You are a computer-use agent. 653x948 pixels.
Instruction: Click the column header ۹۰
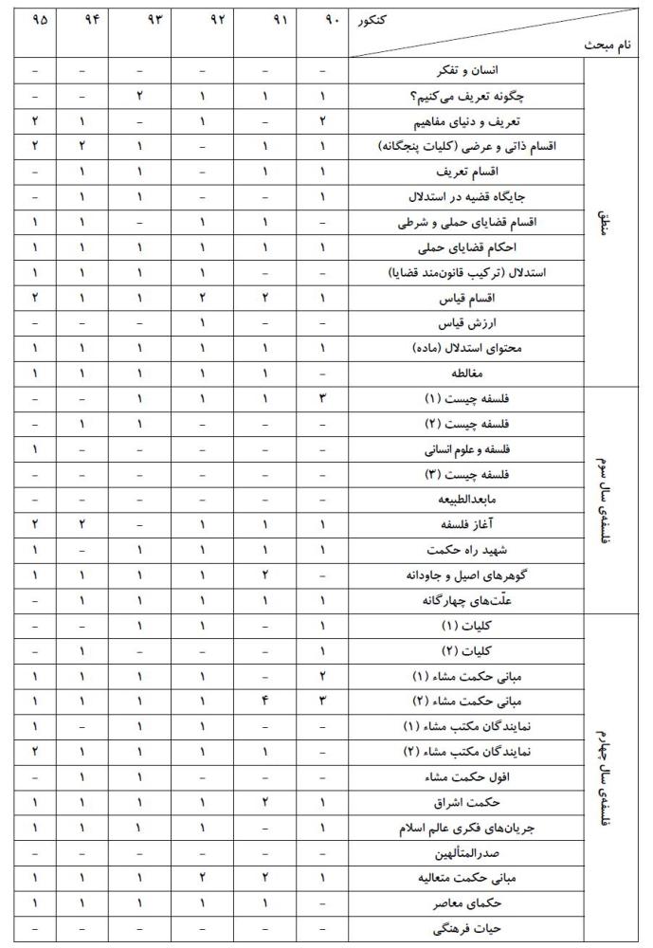click(x=323, y=19)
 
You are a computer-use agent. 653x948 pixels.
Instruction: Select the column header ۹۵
click(x=38, y=19)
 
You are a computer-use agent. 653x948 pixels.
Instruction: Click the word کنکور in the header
click(x=372, y=19)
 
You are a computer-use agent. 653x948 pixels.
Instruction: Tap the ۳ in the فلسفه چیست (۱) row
click(x=323, y=398)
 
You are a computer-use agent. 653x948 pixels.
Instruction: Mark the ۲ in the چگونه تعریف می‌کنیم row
click(x=140, y=97)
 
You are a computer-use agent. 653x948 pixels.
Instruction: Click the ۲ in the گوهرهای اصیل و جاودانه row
click(x=266, y=574)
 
